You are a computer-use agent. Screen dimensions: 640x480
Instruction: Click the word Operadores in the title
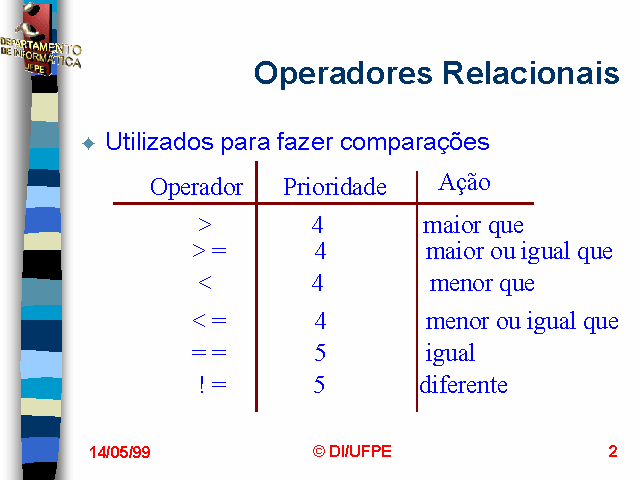coord(343,73)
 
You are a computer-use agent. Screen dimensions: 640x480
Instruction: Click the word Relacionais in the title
coord(531,73)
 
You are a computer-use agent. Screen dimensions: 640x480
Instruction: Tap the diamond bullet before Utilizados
coord(89,144)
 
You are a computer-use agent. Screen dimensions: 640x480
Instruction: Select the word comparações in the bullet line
coord(414,143)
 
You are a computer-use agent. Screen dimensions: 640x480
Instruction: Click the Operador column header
coord(197,187)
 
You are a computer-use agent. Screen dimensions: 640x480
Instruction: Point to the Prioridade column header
coord(335,187)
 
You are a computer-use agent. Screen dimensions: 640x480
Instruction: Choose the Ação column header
coord(464,182)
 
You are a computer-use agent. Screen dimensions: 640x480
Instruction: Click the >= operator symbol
coord(209,250)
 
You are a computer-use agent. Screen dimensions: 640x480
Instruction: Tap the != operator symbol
coord(213,385)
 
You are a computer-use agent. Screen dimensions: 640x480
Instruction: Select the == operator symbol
coord(209,352)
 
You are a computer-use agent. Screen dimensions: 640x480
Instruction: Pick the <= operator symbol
coord(209,320)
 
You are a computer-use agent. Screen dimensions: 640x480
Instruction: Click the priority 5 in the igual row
coord(320,352)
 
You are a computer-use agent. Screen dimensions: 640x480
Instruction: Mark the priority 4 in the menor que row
coord(317,282)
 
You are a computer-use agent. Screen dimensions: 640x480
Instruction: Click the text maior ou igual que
coord(519,251)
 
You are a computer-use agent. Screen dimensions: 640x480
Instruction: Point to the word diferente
coord(464,384)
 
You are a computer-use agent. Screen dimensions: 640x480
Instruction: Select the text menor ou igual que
coord(522,322)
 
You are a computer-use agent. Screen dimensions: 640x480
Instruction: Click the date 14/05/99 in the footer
coord(120,452)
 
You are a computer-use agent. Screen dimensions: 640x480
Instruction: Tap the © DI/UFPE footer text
coord(352,451)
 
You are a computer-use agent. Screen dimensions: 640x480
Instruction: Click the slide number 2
coord(613,451)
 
